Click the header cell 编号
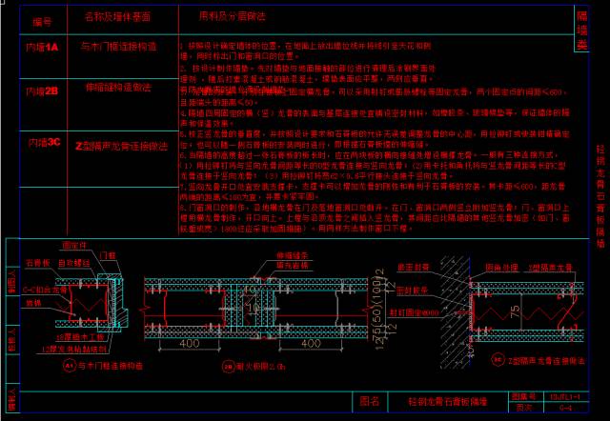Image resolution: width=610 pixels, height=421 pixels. [42, 19]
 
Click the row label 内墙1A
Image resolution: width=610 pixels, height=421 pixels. [43, 46]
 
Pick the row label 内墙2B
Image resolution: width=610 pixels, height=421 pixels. [43, 90]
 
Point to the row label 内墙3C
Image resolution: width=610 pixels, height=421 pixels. [44, 142]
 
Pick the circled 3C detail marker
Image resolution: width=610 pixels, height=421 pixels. [499, 360]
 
